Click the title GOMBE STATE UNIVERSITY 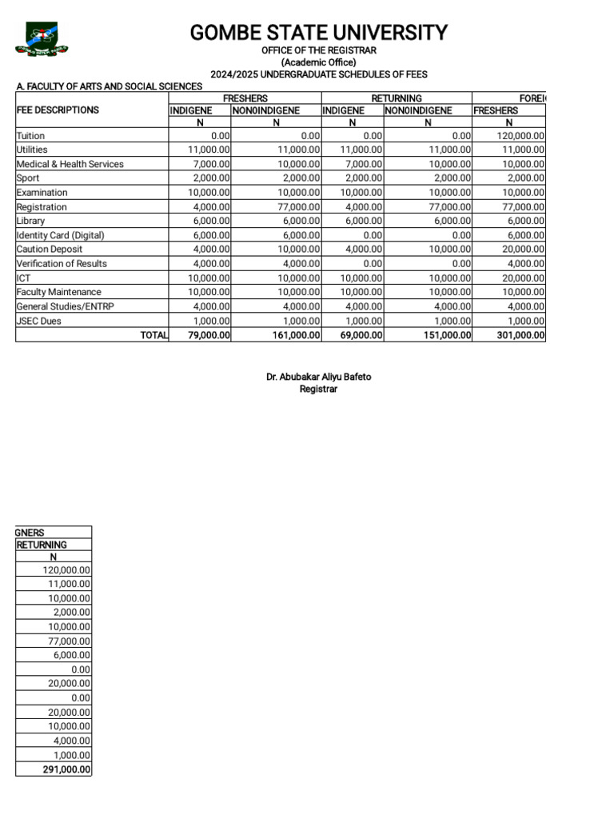(318, 33)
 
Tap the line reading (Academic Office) (318, 62)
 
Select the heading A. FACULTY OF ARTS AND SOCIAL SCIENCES (110, 86)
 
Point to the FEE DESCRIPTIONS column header (58, 110)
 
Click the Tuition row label (30, 136)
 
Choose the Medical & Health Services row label (70, 164)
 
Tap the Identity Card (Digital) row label (61, 235)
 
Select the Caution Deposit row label (50, 250)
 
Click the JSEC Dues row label (39, 321)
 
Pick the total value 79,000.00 (209, 335)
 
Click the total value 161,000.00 (296, 335)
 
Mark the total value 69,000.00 (361, 335)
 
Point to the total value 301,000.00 (520, 335)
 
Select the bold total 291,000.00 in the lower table (66, 769)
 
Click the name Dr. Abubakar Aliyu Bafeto (318, 377)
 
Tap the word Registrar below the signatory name (318, 390)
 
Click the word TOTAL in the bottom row (153, 335)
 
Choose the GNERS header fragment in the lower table (30, 532)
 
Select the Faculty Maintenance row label (59, 292)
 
